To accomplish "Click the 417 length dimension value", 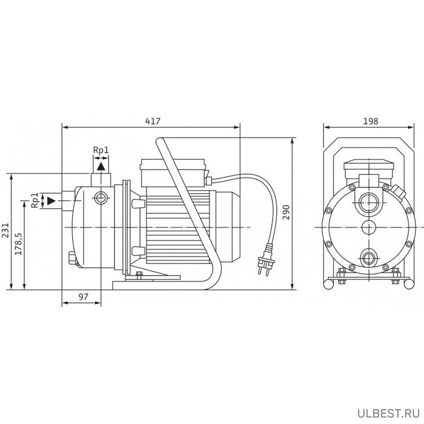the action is coord(153,121).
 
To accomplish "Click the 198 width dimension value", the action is coord(370,121).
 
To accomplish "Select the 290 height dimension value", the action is coord(287,212).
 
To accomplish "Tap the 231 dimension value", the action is coord(5,230).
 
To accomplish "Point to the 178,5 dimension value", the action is coord(18,243).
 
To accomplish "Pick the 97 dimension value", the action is coord(84,297).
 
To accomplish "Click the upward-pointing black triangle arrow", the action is coord(101,167).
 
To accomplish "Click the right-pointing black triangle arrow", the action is coord(51,201).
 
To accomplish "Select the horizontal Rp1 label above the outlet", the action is coord(101,150).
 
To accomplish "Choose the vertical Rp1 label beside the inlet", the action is coord(35,200).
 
